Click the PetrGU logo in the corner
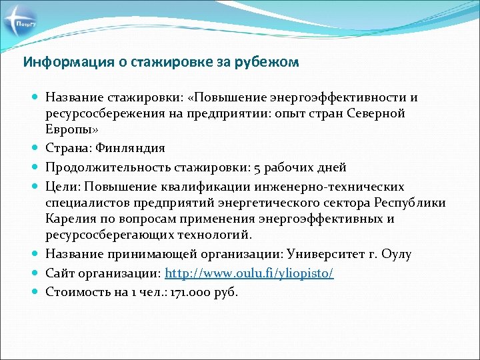click(22, 25)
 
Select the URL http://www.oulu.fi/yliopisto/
click(249, 273)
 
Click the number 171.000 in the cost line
click(189, 292)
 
